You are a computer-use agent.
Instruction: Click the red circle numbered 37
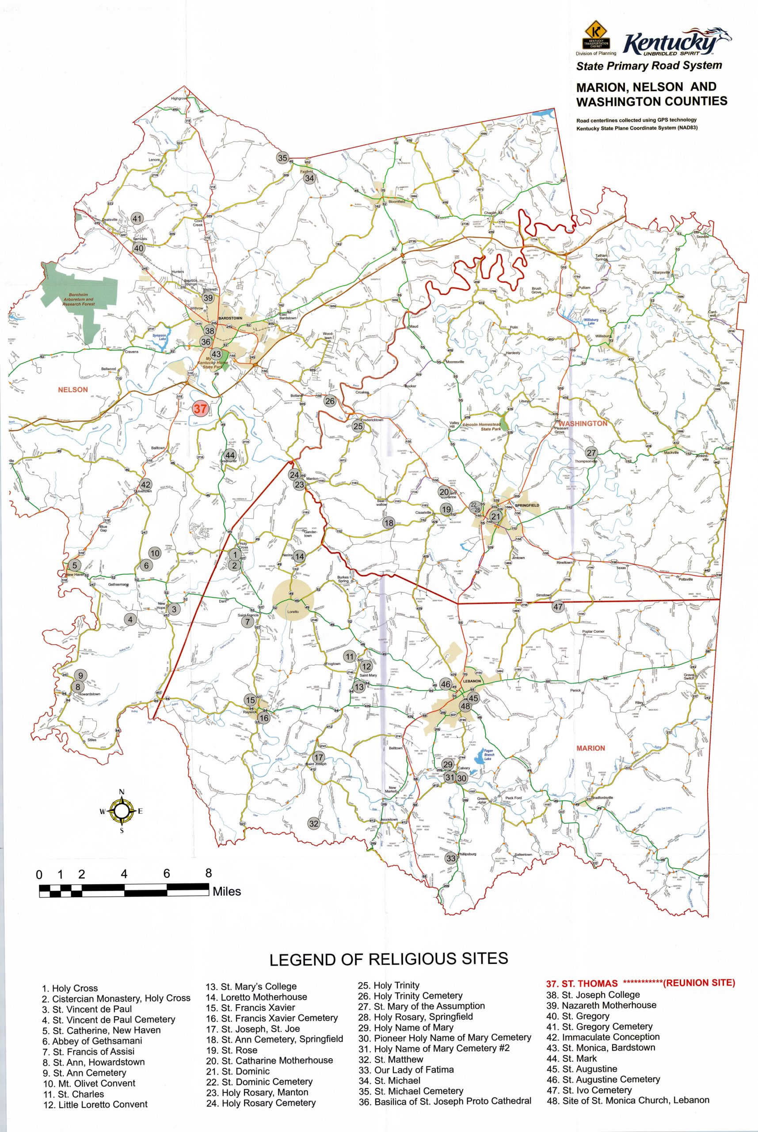[x=200, y=408]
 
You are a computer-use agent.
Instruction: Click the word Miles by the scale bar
[x=227, y=890]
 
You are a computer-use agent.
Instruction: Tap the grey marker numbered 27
[x=592, y=453]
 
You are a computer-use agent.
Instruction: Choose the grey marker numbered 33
[x=450, y=858]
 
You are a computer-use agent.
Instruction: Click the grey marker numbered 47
[x=558, y=607]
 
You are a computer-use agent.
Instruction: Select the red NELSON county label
[x=73, y=389]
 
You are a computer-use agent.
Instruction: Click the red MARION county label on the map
[x=590, y=748]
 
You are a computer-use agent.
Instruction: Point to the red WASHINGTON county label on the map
[x=583, y=423]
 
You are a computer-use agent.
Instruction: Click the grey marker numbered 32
[x=314, y=823]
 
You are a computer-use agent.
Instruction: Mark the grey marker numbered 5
[x=74, y=565]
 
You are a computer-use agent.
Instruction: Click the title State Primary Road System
[x=649, y=65]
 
